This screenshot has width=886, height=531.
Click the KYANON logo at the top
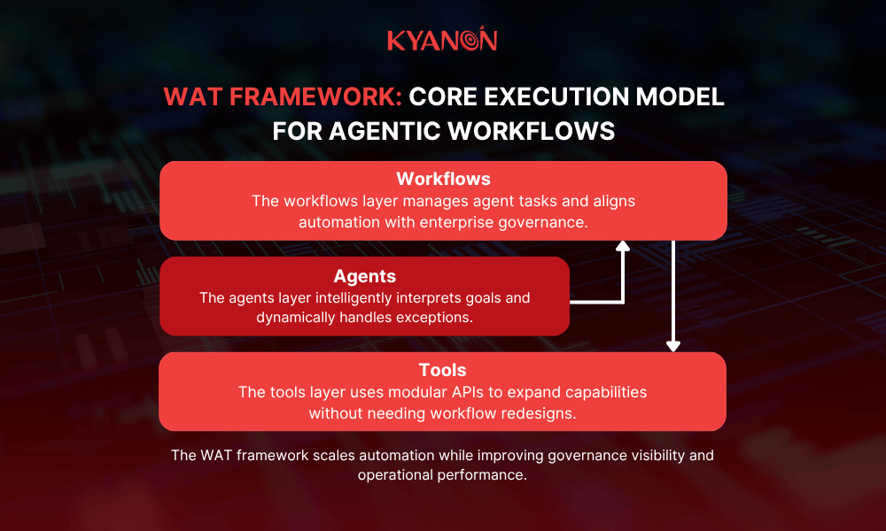point(442,41)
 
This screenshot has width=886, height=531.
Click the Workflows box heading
point(443,180)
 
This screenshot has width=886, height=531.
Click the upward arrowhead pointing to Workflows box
point(623,248)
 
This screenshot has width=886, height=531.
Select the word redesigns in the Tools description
point(544,412)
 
